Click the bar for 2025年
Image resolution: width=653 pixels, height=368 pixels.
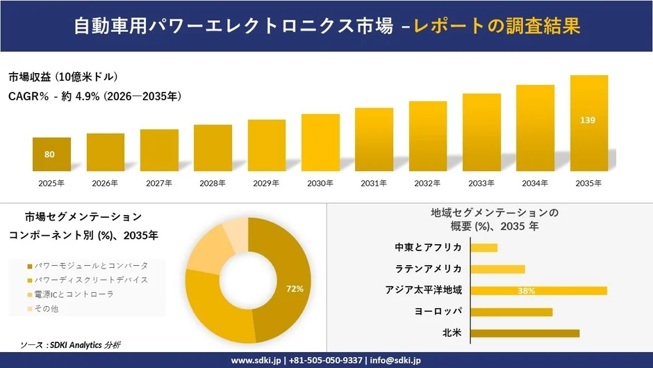coord(51,154)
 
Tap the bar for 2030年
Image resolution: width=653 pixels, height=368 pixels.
coord(320,143)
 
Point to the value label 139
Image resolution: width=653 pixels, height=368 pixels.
coord(588,120)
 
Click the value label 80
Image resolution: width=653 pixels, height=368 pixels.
coord(50,154)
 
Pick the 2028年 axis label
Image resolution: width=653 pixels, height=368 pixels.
coord(213,183)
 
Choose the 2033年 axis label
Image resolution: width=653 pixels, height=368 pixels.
coord(481,183)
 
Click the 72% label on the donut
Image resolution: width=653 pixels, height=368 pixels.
coord(295,288)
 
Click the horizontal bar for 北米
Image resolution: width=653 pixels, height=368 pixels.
coord(524,333)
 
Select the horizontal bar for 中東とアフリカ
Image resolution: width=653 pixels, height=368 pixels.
coord(484,248)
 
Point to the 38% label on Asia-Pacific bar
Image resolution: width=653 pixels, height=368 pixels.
coord(526,291)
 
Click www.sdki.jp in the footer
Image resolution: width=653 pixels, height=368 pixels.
coord(255,360)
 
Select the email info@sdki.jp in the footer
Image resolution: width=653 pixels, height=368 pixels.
coord(395,360)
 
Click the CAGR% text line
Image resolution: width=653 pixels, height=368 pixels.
coord(94,97)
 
